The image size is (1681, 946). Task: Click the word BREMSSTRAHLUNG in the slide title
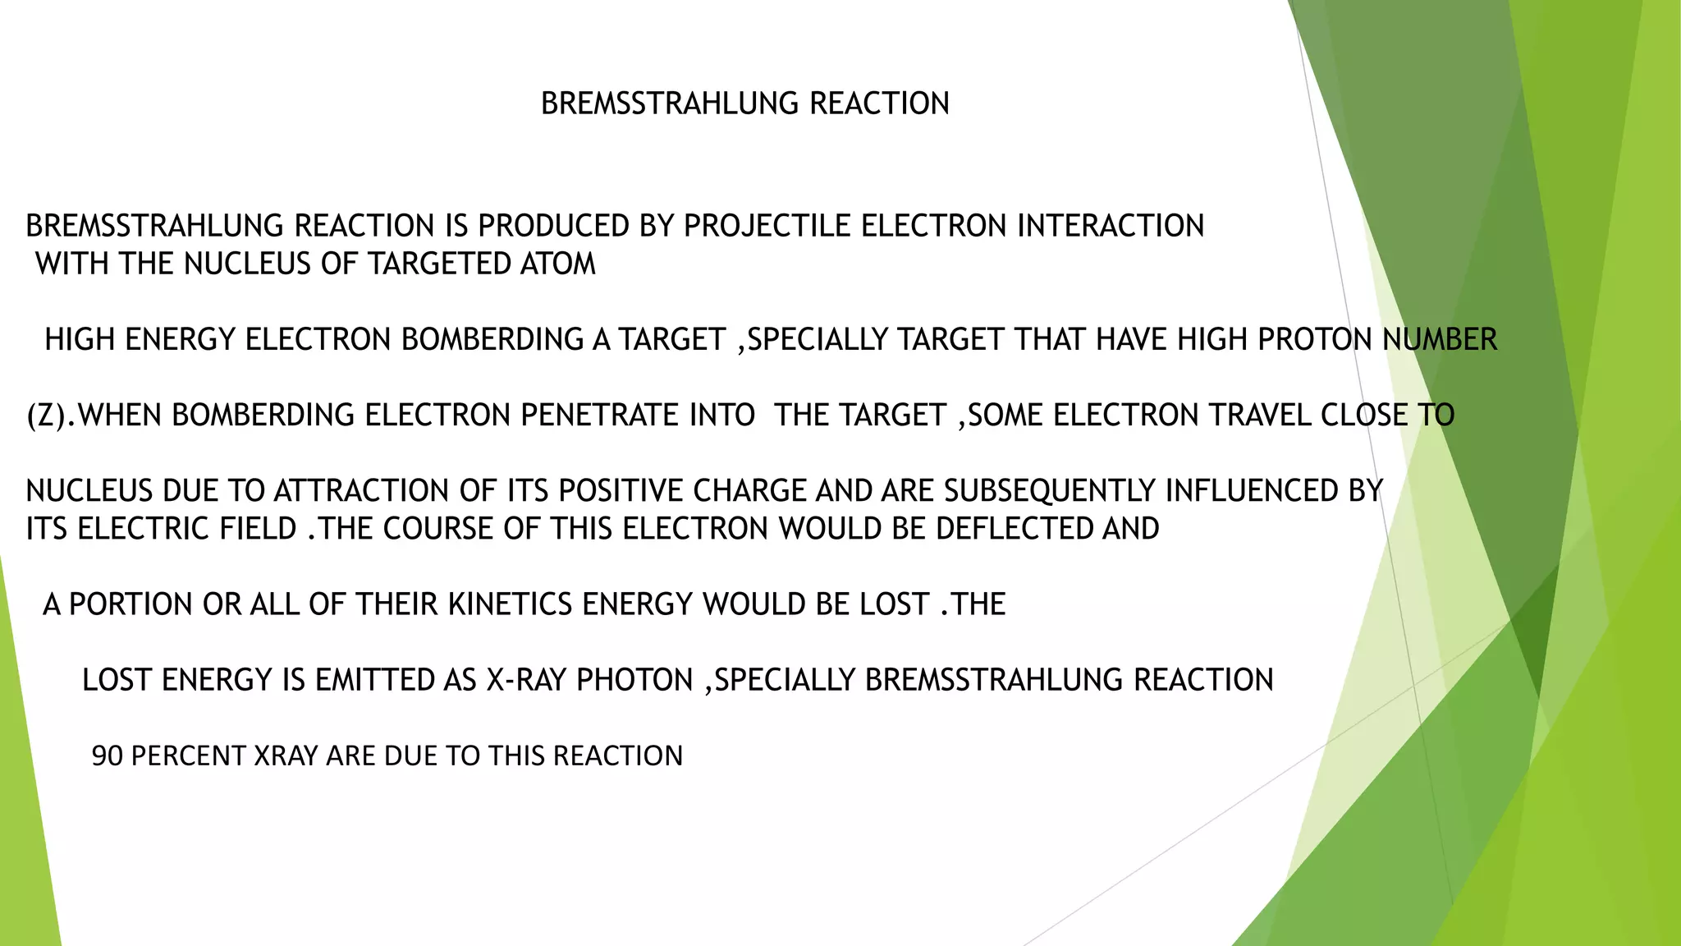(x=670, y=103)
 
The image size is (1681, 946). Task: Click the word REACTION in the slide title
(x=879, y=103)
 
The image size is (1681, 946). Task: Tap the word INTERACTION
(x=1111, y=226)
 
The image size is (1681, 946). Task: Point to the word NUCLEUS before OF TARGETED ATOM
(x=244, y=264)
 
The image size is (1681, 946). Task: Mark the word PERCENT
(x=188, y=755)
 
